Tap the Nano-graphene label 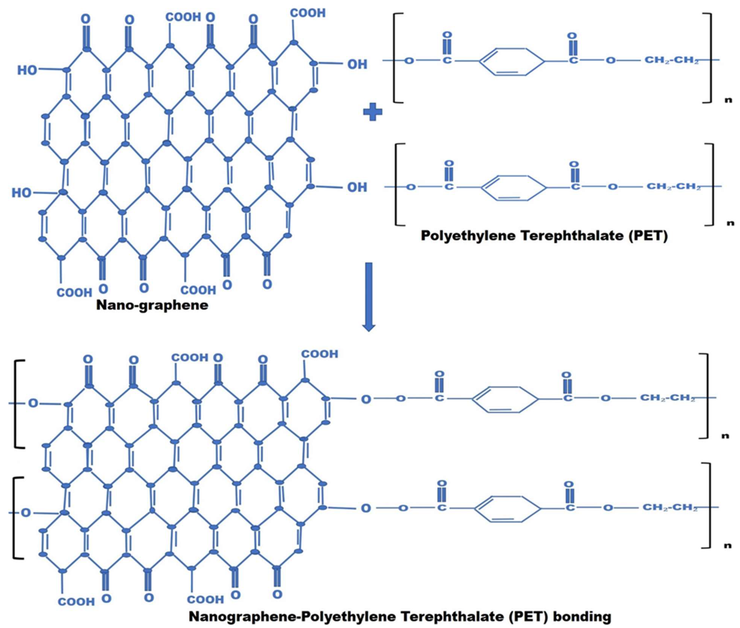[x=152, y=305]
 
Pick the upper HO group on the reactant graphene [x=27, y=70]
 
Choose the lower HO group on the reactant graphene [x=21, y=193]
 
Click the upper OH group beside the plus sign [x=357, y=65]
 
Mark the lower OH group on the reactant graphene [x=357, y=187]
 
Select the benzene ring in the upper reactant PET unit [x=512, y=61]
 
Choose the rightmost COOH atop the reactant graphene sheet [x=308, y=13]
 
